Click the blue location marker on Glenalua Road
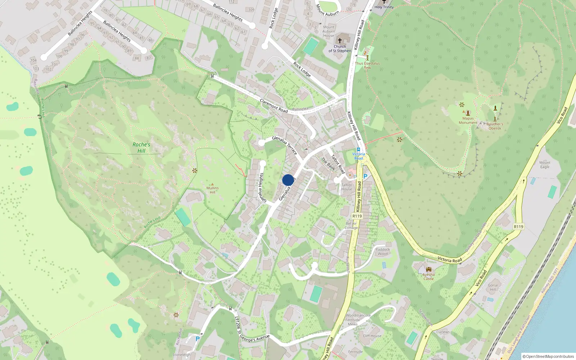288,180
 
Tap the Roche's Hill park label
141,147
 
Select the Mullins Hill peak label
212,190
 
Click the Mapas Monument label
468,120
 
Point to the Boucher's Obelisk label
495,126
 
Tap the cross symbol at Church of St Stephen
339,41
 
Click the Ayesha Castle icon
428,269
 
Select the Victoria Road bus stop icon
358,149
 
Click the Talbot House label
346,187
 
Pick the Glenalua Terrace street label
284,145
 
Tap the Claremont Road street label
274,106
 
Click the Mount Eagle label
545,165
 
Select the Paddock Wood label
382,251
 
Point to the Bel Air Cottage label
351,225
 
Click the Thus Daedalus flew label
367,65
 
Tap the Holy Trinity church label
384,7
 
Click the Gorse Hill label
493,287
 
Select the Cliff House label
372,336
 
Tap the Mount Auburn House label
328,31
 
